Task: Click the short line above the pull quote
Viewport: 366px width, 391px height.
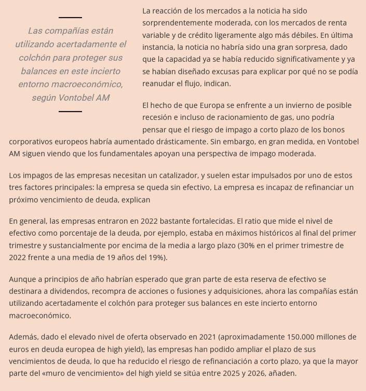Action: point(70,18)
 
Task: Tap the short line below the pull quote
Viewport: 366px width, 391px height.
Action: point(70,111)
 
